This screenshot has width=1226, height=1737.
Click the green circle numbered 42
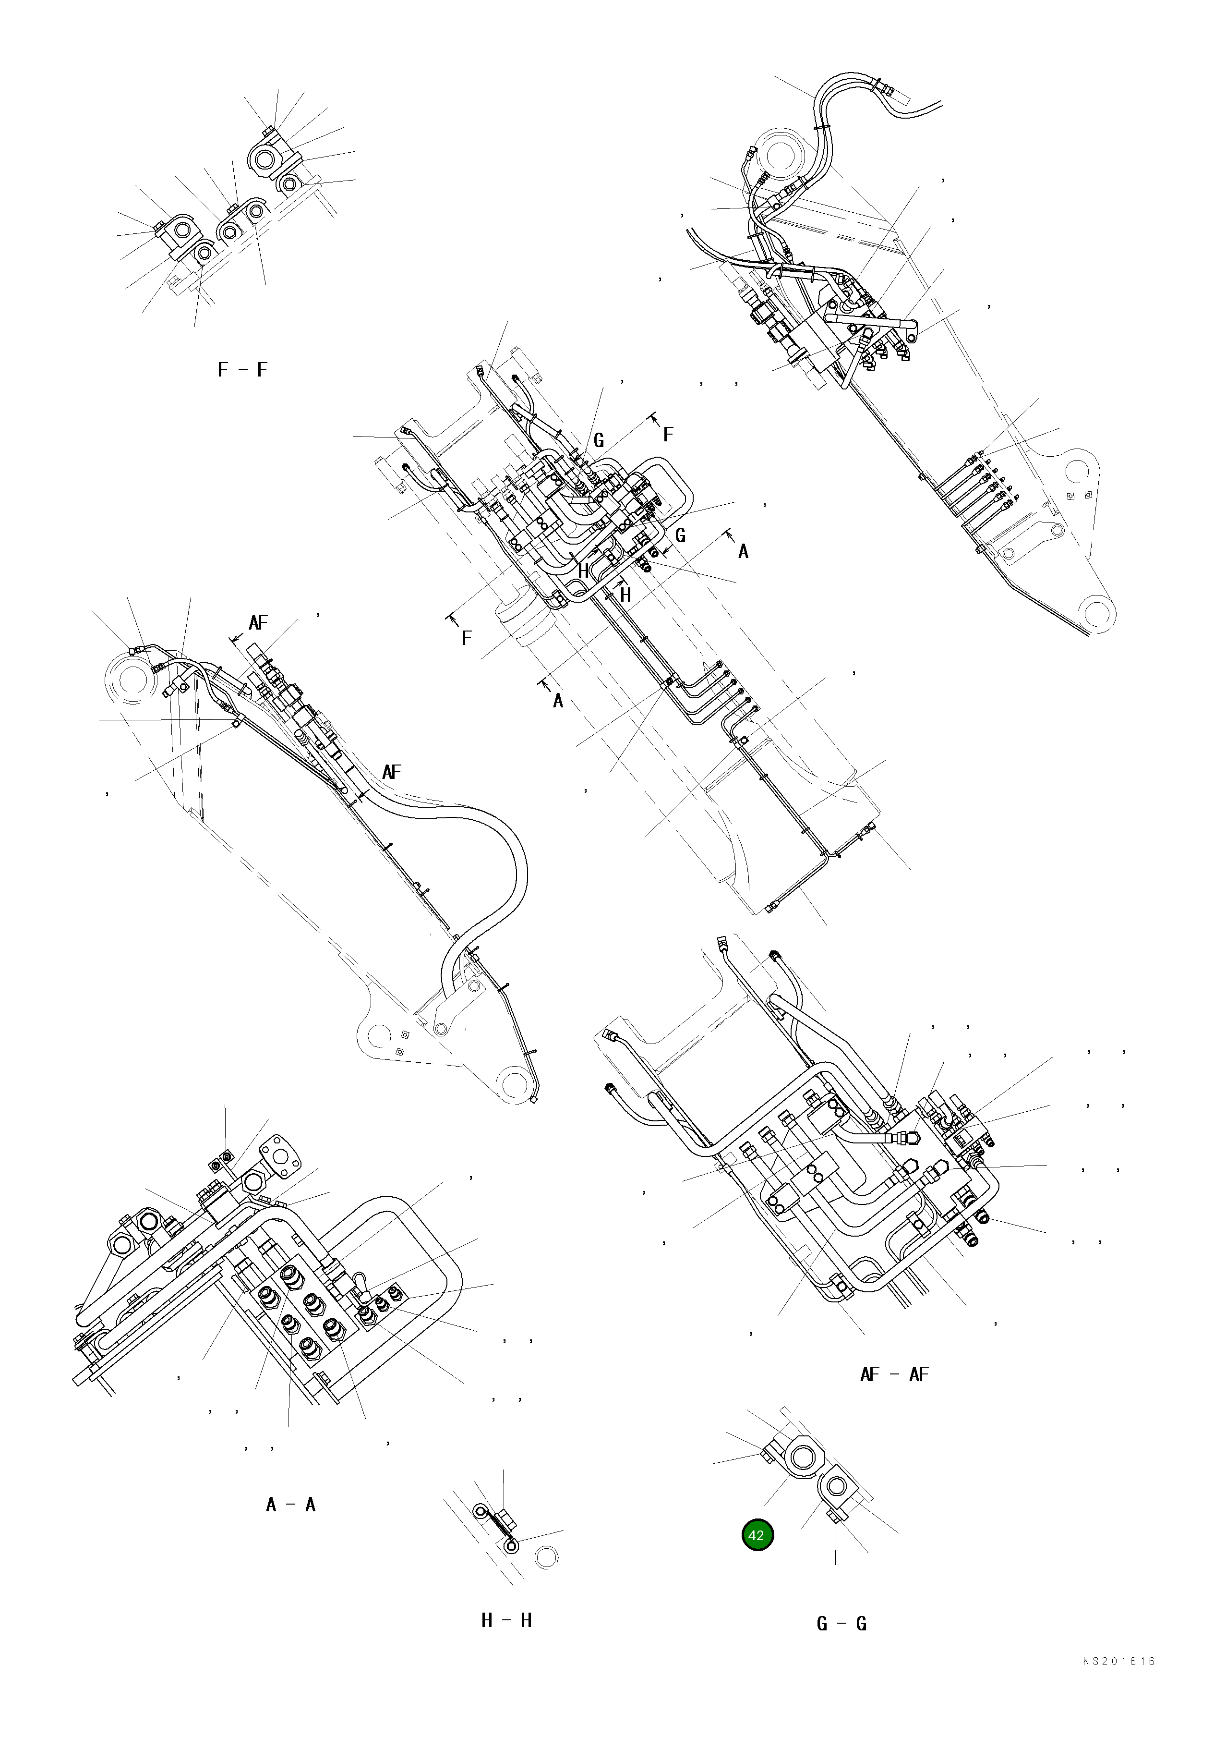pyautogui.click(x=757, y=1535)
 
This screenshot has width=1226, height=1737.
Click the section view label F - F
pyautogui.click(x=242, y=370)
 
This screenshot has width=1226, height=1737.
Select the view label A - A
pyautogui.click(x=290, y=1505)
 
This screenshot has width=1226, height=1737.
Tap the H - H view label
pyautogui.click(x=506, y=1620)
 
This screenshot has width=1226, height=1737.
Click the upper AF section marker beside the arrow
pyautogui.click(x=258, y=623)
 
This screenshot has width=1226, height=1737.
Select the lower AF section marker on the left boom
pyautogui.click(x=391, y=772)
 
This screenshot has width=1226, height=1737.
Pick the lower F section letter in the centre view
pyautogui.click(x=466, y=638)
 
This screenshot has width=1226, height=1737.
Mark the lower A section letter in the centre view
pyautogui.click(x=558, y=701)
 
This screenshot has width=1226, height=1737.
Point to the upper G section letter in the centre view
pyautogui.click(x=598, y=441)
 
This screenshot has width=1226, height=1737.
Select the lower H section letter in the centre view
pyautogui.click(x=625, y=595)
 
